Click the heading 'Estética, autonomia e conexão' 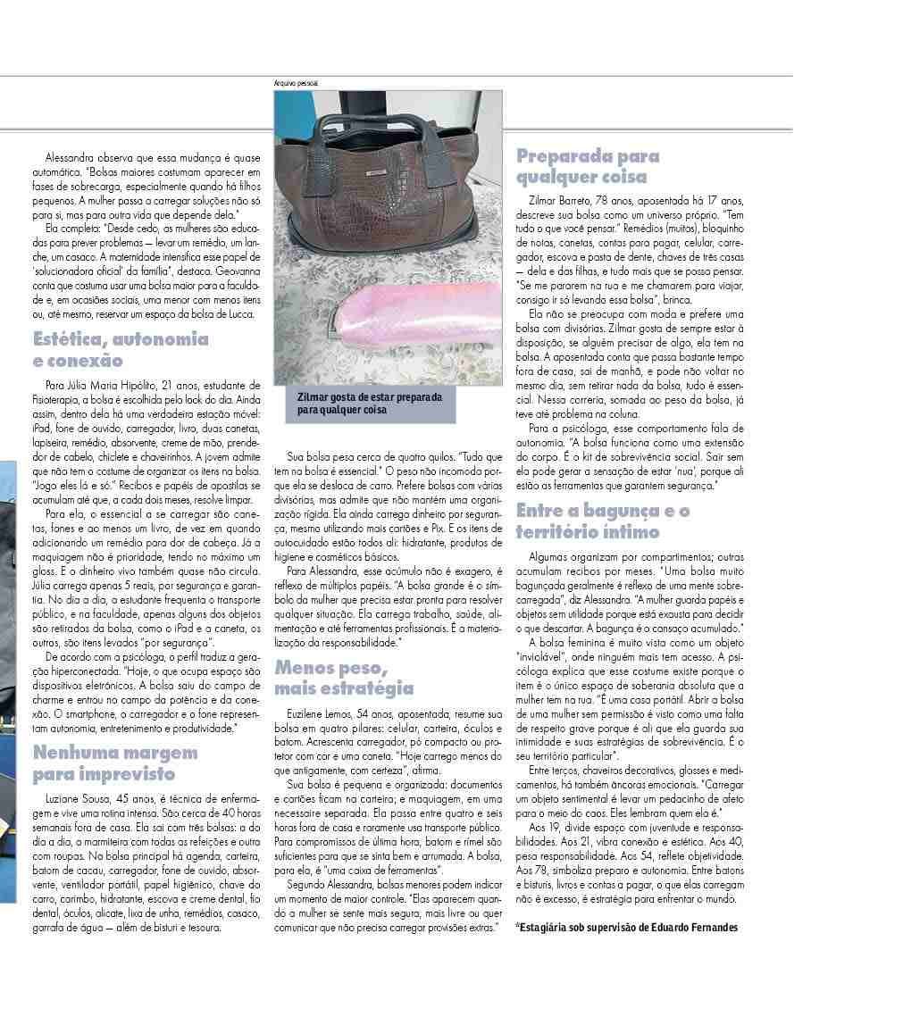pyautogui.click(x=121, y=349)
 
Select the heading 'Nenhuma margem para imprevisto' pyautogui.click(x=115, y=762)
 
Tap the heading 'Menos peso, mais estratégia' pyautogui.click(x=344, y=678)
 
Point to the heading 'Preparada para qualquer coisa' pyautogui.click(x=588, y=166)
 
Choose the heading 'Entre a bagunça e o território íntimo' pyautogui.click(x=603, y=521)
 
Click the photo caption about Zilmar pyautogui.click(x=370, y=404)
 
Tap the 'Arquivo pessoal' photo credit pyautogui.click(x=297, y=83)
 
